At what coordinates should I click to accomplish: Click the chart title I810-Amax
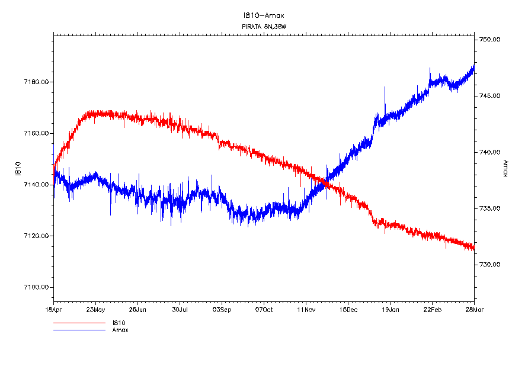264,15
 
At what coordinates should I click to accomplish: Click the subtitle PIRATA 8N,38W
264,27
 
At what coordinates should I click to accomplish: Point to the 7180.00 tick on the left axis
37,82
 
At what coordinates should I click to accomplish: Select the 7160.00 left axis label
37,133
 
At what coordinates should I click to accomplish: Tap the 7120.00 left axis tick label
37,236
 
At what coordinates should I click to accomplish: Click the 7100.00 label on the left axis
37,287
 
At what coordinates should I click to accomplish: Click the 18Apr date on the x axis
53,309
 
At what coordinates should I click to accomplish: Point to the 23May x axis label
95,309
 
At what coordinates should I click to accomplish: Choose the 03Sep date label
222,309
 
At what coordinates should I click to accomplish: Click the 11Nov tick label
306,309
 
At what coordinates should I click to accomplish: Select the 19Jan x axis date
390,309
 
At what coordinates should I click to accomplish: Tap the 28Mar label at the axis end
474,309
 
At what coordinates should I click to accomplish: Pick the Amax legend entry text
120,330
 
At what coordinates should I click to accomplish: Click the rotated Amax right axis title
505,168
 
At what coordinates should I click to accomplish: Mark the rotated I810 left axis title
18,168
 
